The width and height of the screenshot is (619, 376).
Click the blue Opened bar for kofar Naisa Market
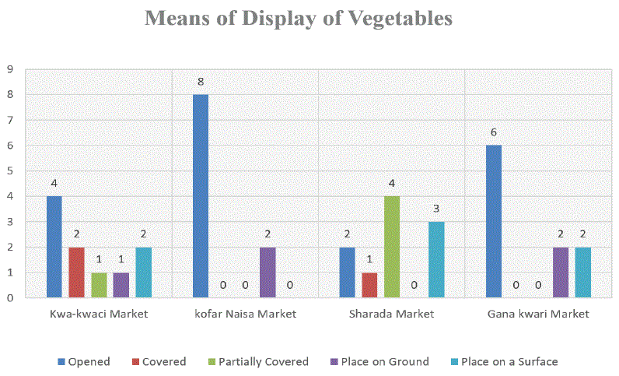201,196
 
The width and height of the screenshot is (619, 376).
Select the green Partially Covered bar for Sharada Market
392,247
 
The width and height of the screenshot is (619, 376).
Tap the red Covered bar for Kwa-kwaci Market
76,272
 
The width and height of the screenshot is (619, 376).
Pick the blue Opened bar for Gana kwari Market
494,222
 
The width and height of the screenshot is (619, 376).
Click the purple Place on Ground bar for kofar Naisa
268,272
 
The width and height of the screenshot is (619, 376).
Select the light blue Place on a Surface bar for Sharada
436,260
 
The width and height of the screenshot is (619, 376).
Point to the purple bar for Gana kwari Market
561,272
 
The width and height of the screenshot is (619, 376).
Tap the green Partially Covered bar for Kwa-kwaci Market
99,285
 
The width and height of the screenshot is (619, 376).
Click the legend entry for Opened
84,361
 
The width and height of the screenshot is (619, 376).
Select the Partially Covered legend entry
257,361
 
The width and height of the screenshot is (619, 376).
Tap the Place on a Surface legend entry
503,361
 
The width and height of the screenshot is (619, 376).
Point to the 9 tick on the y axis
9,69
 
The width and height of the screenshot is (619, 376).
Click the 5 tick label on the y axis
9,170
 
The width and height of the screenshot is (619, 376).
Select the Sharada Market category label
392,314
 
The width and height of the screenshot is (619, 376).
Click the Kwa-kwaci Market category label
98,314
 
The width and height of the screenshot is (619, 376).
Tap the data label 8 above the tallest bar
201,82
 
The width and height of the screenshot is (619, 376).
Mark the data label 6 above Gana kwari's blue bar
494,132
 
